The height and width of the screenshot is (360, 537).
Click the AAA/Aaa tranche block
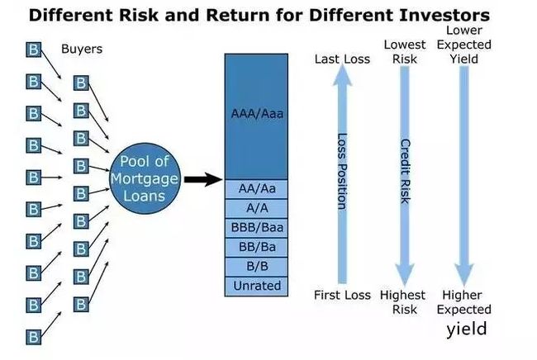point(256,116)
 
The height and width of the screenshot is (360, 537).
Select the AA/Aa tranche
point(256,189)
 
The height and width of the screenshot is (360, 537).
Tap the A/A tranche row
point(256,208)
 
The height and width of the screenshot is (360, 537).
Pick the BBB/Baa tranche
point(256,228)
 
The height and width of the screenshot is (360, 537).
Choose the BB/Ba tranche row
point(256,248)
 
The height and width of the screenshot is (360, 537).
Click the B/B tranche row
point(256,267)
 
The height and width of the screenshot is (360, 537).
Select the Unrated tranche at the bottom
point(256,287)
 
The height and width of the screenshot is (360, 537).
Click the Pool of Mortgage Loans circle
point(145,178)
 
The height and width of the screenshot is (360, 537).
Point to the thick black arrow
point(203,179)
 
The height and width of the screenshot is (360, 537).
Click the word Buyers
point(82,49)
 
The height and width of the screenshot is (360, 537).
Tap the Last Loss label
point(342,59)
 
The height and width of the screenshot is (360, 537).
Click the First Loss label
point(342,295)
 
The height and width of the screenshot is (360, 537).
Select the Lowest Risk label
point(405,52)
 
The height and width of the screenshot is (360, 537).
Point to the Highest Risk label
point(403,302)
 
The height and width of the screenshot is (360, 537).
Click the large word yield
point(467,329)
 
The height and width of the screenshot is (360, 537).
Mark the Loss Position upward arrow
point(342,174)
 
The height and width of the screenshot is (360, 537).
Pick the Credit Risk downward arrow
point(405,176)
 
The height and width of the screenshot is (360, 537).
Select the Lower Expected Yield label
point(464,45)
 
